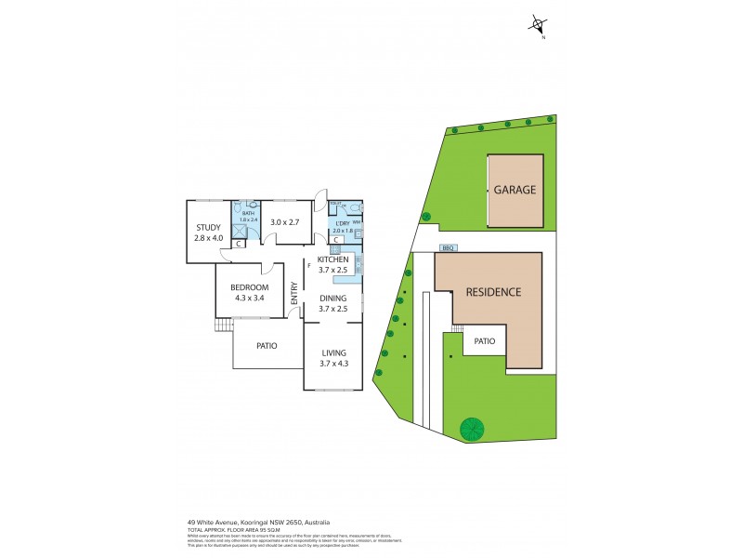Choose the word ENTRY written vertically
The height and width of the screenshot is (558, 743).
pyautogui.click(x=294, y=294)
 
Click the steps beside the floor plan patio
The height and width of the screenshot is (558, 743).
pyautogui.click(x=223, y=325)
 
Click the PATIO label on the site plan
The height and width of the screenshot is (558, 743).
pyautogui.click(x=484, y=341)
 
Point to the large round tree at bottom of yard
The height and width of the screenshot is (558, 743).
pyautogui.click(x=474, y=429)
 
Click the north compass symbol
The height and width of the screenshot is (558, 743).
pyautogui.click(x=538, y=26)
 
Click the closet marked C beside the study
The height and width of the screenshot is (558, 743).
pyautogui.click(x=239, y=245)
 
